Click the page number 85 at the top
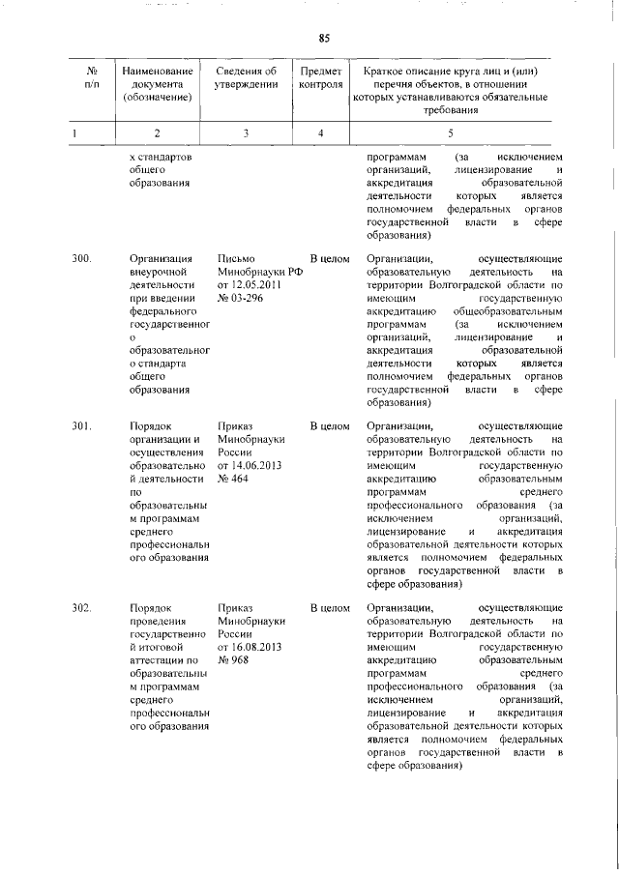[324, 38]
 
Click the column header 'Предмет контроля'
[320, 77]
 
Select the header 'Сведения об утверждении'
[247, 77]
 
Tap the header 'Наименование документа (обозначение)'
[158, 83]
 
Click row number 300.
[82, 259]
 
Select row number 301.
[82, 424]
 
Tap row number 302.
[82, 607]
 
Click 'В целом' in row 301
[329, 424]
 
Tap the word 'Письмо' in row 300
[237, 259]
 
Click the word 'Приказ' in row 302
[237, 607]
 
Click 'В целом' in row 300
[329, 259]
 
